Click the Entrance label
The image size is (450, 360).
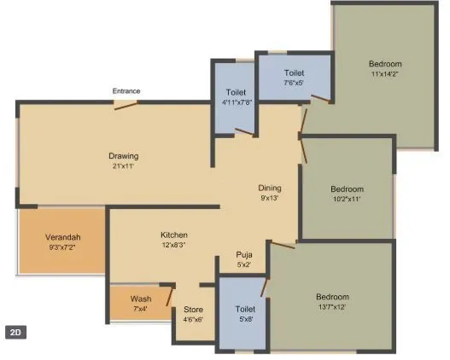click(126, 90)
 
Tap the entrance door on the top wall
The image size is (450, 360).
click(126, 104)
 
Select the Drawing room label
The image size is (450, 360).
click(123, 156)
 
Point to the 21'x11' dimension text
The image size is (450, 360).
click(123, 166)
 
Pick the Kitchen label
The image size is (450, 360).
click(174, 235)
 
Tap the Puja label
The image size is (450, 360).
click(244, 255)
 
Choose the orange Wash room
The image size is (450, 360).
click(141, 303)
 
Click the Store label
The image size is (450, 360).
click(193, 310)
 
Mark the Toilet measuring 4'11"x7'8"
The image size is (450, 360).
click(236, 97)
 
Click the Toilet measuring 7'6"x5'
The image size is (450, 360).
click(294, 78)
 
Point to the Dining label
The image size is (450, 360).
click(270, 188)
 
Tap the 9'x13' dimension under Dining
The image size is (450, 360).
click(270, 198)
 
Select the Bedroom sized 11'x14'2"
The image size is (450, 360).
click(384, 69)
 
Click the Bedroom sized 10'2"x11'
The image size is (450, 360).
click(347, 194)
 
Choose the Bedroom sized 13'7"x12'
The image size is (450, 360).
click(332, 301)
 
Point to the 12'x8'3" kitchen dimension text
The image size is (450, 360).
click(174, 246)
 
